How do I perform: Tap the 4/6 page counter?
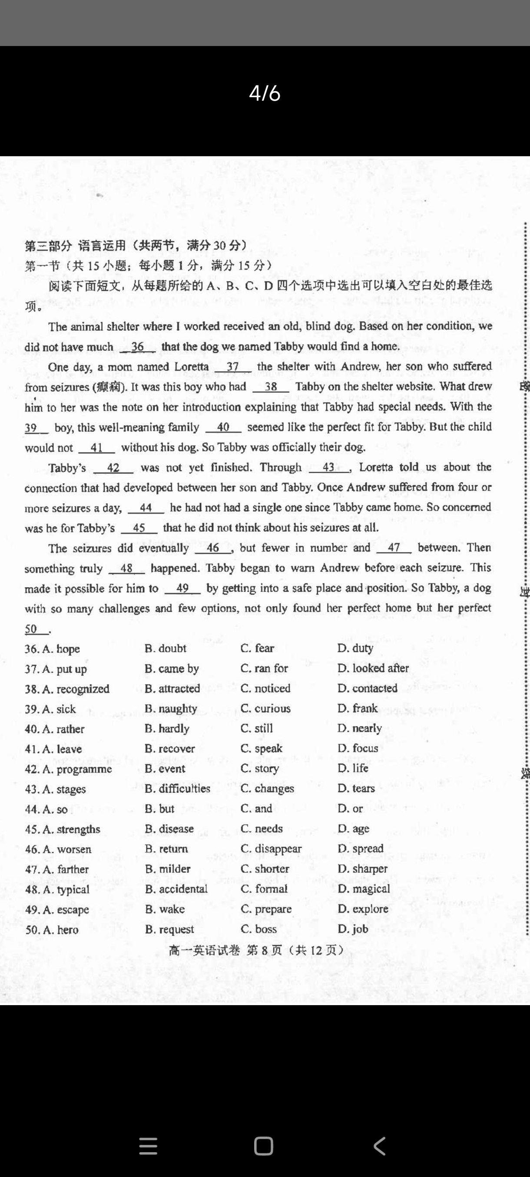pos(265,93)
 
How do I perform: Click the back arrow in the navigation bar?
pos(380,1145)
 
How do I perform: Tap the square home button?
pos(264,1145)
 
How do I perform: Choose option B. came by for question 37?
pos(172,669)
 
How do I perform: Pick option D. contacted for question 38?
pos(367,688)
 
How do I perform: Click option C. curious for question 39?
pos(265,708)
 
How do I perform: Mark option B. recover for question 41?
pos(170,748)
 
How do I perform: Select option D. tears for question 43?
pos(356,789)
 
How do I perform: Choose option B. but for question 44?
pos(159,809)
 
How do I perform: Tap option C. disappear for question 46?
pos(271,849)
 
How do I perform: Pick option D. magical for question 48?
pos(364,889)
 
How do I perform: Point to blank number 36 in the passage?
pos(137,347)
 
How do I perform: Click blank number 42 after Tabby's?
pos(113,468)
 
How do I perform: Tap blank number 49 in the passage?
pos(182,588)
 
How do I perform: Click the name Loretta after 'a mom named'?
pos(192,367)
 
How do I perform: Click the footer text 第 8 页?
pos(264,950)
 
